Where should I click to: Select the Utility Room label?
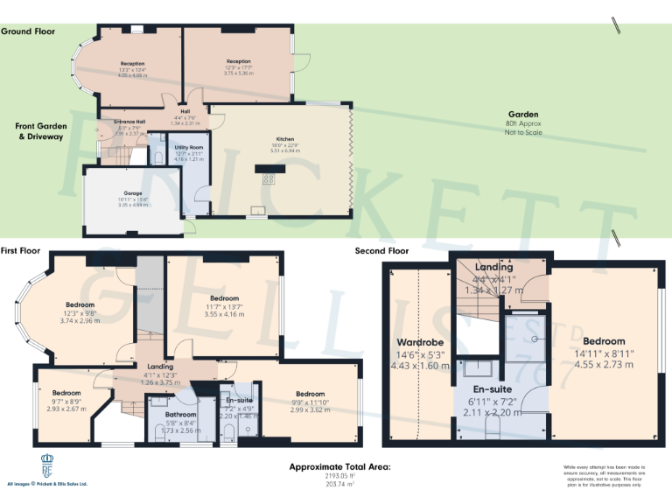(x=188, y=147)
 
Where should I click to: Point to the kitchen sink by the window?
(x=259, y=210)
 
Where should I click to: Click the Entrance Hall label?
(x=122, y=122)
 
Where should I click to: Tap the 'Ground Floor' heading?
(x=28, y=31)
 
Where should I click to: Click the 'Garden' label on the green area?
(x=523, y=115)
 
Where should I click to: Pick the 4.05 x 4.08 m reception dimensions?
(x=133, y=75)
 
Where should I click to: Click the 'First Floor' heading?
(x=22, y=250)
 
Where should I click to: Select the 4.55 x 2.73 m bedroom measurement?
(x=604, y=366)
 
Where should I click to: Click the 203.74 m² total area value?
(x=341, y=483)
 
